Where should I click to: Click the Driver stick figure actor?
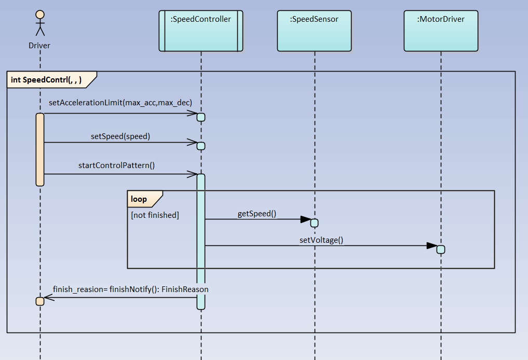39,24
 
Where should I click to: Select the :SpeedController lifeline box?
201,31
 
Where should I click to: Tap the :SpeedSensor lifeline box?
314,31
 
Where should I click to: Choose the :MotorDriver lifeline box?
441,31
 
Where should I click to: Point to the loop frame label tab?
140,199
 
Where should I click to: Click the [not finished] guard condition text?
155,215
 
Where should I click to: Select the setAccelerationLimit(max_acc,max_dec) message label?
120,103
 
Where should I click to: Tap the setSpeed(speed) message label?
120,136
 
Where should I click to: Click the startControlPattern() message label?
117,165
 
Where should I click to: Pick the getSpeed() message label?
256,213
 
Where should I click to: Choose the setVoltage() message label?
321,240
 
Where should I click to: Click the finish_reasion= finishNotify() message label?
131,289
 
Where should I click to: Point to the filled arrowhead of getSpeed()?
305,219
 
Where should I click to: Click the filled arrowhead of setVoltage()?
431,246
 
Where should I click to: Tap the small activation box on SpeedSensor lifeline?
314,223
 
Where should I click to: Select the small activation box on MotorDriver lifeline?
441,250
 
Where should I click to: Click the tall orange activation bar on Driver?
40,149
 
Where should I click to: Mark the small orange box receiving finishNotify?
40,301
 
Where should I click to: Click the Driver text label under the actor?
39,46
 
